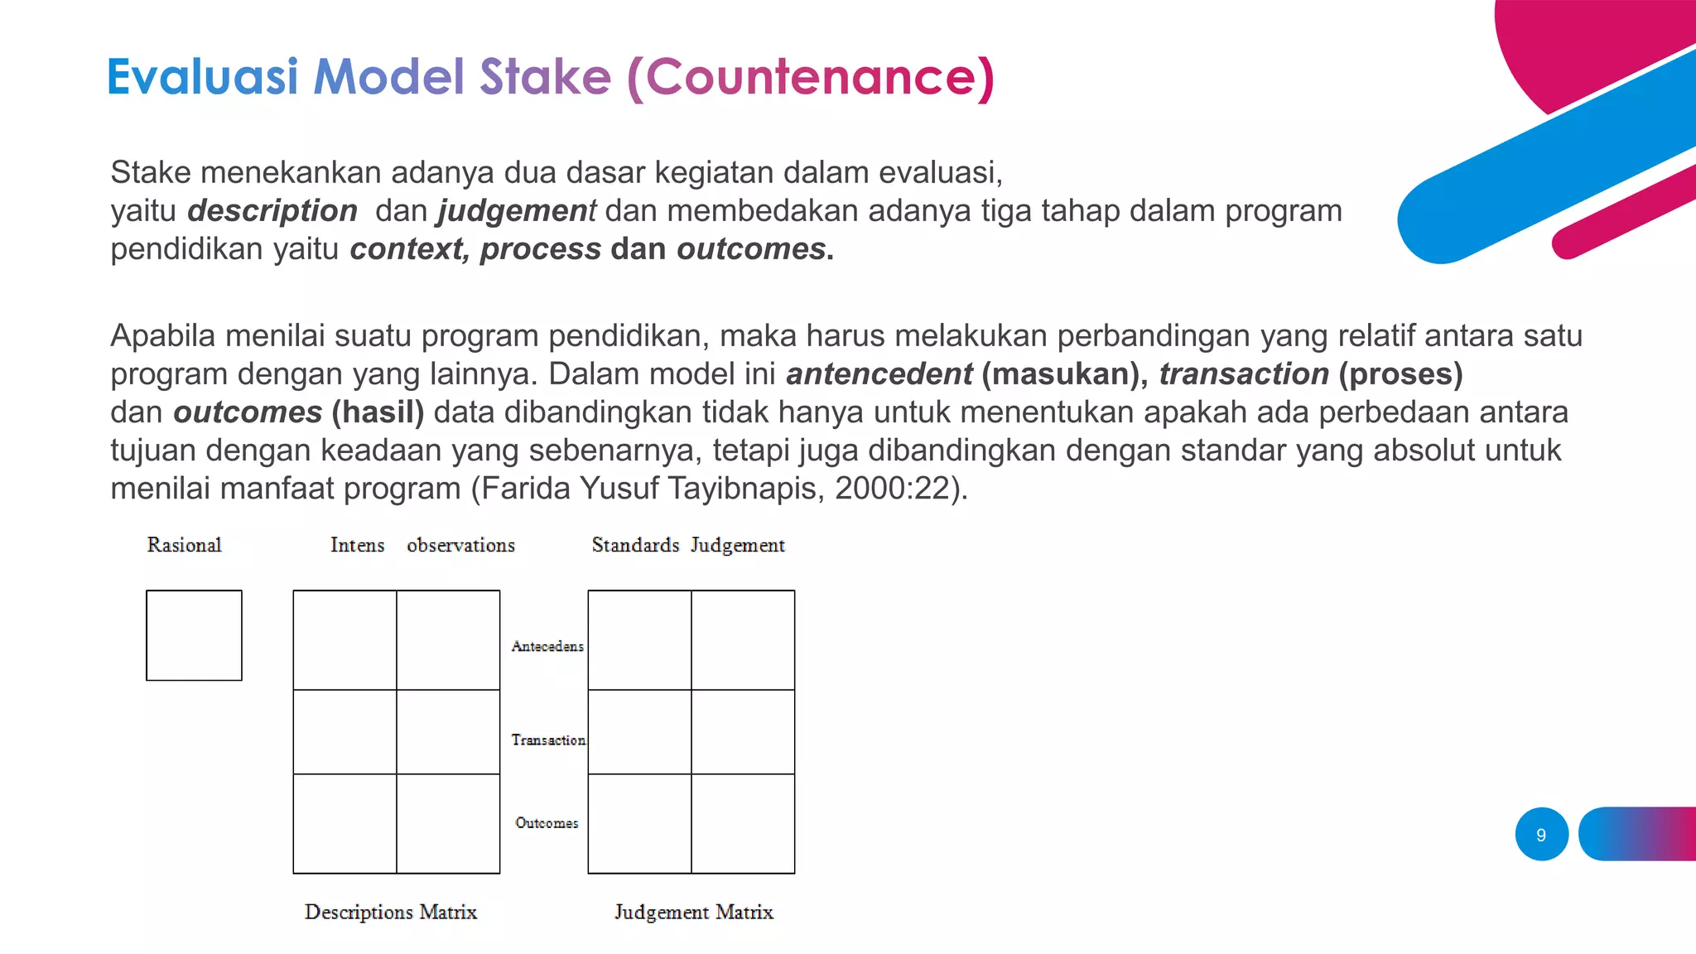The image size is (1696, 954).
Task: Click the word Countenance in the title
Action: click(x=810, y=77)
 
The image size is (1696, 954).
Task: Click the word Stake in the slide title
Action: click(x=545, y=77)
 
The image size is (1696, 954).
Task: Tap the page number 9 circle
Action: click(x=1541, y=835)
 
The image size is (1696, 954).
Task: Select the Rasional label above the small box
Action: click(x=184, y=545)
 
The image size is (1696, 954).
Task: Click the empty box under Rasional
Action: click(x=194, y=635)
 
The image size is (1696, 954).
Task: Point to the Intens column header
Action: click(x=357, y=545)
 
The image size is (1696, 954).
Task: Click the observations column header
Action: click(x=460, y=545)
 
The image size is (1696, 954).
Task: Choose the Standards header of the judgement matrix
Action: click(x=635, y=545)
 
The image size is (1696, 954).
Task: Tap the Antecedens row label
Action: click(x=547, y=646)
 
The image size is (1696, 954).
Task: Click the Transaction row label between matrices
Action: click(x=547, y=740)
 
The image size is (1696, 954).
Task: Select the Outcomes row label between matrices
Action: click(x=547, y=822)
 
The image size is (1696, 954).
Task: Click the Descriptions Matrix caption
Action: click(x=390, y=912)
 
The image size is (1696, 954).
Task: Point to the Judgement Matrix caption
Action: click(x=693, y=912)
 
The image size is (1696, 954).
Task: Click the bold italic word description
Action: click(x=272, y=210)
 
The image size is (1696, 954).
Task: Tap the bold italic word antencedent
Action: click(x=879, y=373)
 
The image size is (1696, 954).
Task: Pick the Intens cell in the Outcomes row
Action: click(x=344, y=823)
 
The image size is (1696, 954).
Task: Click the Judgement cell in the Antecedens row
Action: click(x=743, y=639)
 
